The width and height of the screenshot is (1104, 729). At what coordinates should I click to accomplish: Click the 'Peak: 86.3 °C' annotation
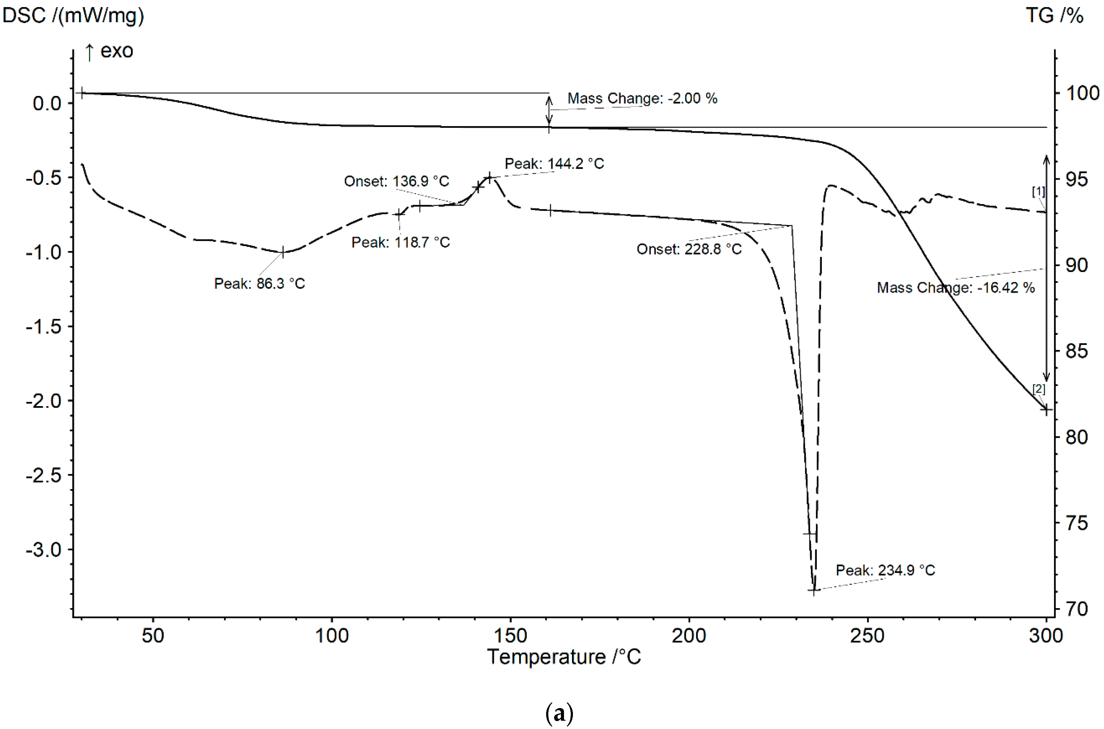click(259, 283)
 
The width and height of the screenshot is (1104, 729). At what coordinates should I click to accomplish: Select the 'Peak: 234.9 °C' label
click(885, 570)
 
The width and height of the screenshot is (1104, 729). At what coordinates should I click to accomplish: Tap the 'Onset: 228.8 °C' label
click(689, 249)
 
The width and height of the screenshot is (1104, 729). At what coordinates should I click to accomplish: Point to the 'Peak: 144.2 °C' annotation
click(554, 164)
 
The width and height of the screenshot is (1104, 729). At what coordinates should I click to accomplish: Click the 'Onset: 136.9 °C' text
click(396, 181)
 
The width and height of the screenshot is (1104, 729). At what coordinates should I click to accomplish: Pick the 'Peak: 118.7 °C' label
click(400, 242)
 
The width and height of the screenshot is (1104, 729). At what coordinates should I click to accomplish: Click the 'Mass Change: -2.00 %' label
click(642, 99)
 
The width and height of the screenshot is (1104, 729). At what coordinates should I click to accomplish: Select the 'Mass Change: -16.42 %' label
click(956, 288)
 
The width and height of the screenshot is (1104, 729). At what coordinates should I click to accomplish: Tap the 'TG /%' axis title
click(1054, 16)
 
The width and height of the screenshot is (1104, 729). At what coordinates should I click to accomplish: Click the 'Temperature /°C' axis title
click(564, 657)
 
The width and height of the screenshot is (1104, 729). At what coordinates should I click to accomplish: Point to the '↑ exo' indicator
click(109, 51)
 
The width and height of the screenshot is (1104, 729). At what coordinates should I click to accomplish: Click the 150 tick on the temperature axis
click(510, 636)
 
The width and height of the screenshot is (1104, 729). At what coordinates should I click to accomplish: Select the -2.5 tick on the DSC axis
click(43, 475)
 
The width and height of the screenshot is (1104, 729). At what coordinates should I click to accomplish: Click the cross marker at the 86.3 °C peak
click(282, 252)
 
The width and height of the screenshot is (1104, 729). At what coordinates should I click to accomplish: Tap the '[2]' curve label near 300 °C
click(1038, 389)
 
